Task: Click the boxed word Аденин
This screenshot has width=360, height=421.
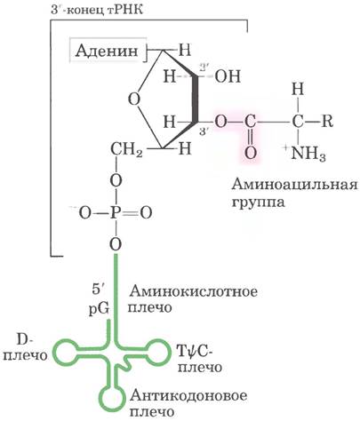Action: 107,51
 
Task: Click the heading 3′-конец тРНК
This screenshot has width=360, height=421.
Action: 97,10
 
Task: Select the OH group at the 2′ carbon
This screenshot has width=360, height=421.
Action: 228,76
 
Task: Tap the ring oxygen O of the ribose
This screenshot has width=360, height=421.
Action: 134,99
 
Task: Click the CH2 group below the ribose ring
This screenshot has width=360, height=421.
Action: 126,149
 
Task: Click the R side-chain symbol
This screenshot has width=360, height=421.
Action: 327,121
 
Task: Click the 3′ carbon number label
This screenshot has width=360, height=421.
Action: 204,131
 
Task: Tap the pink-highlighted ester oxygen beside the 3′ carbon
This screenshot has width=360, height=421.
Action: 220,122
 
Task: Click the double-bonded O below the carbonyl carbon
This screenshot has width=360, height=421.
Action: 250,153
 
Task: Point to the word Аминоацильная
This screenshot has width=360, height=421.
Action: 294,185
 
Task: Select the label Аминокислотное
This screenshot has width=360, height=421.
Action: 193,291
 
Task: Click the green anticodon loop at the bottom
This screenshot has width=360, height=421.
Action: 112,398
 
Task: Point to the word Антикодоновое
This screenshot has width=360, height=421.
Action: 188,396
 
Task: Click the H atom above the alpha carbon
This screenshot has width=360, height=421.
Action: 298,89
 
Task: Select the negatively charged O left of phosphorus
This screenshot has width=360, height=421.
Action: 83,212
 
